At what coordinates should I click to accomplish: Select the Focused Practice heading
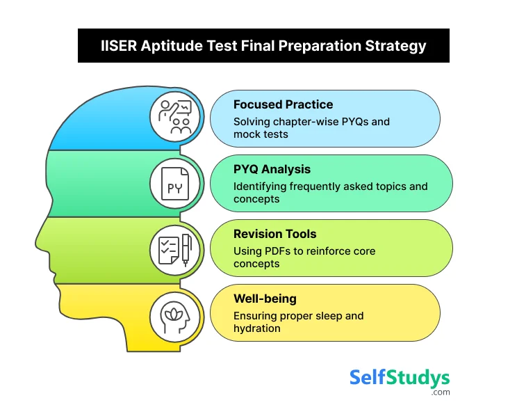[283, 104]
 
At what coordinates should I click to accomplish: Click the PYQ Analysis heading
[272, 169]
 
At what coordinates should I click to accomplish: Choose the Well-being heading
[265, 299]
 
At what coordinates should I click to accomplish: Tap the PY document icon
[175, 184]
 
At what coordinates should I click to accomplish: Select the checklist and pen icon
[175, 249]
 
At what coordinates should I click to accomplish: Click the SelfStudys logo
[399, 379]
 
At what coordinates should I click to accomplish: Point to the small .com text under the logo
[440, 392]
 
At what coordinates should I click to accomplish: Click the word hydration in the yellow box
[257, 328]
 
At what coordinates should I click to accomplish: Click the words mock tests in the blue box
[261, 134]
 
